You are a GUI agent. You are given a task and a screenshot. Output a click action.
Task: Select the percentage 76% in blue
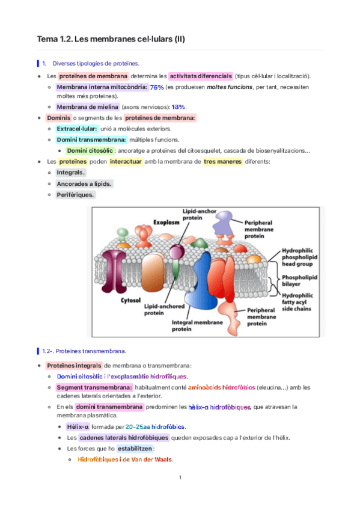click(157, 87)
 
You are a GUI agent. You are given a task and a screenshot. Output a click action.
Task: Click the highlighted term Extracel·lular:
click(76, 129)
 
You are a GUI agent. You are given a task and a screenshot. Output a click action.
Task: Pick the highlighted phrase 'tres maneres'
click(223, 162)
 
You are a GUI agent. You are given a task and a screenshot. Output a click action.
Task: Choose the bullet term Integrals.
click(70, 173)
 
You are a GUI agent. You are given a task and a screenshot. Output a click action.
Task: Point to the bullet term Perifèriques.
click(75, 195)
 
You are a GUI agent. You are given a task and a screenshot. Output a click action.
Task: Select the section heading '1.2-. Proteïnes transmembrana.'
click(84, 351)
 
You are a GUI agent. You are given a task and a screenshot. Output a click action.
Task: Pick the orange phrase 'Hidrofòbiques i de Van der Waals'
click(125, 459)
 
